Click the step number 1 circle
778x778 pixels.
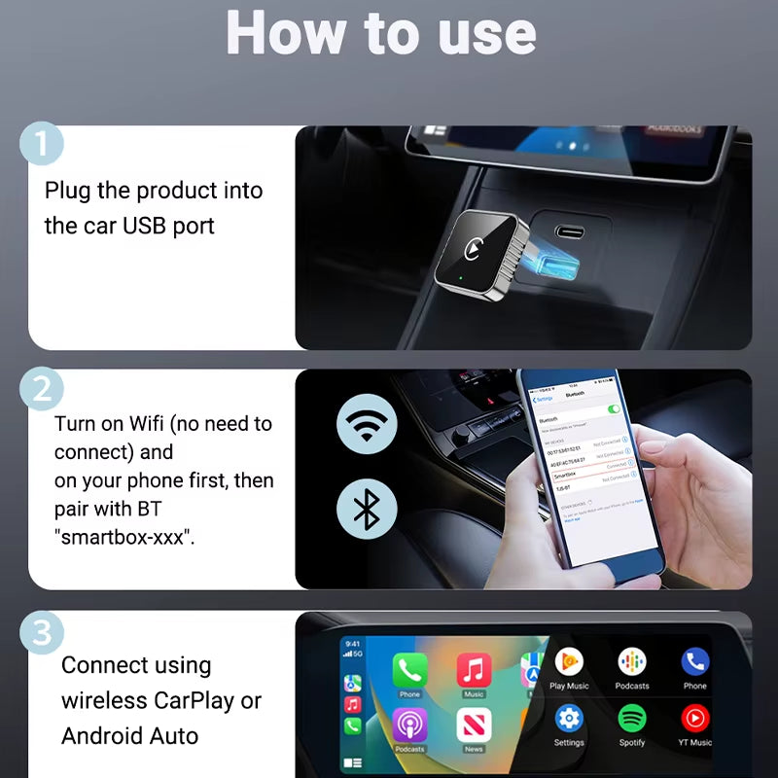click(x=40, y=144)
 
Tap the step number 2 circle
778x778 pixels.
click(x=40, y=390)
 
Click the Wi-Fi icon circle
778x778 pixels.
click(x=366, y=426)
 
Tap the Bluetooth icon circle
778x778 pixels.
click(x=366, y=508)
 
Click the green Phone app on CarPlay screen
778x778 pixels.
click(x=409, y=670)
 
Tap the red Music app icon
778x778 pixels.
click(x=474, y=670)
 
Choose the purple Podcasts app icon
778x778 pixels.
click(x=409, y=725)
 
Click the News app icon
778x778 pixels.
click(x=474, y=725)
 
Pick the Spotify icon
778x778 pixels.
click(x=632, y=719)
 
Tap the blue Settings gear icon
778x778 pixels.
click(x=569, y=719)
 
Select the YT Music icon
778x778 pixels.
click(x=694, y=719)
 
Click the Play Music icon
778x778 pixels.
click(x=569, y=662)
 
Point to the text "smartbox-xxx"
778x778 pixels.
click(x=124, y=537)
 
